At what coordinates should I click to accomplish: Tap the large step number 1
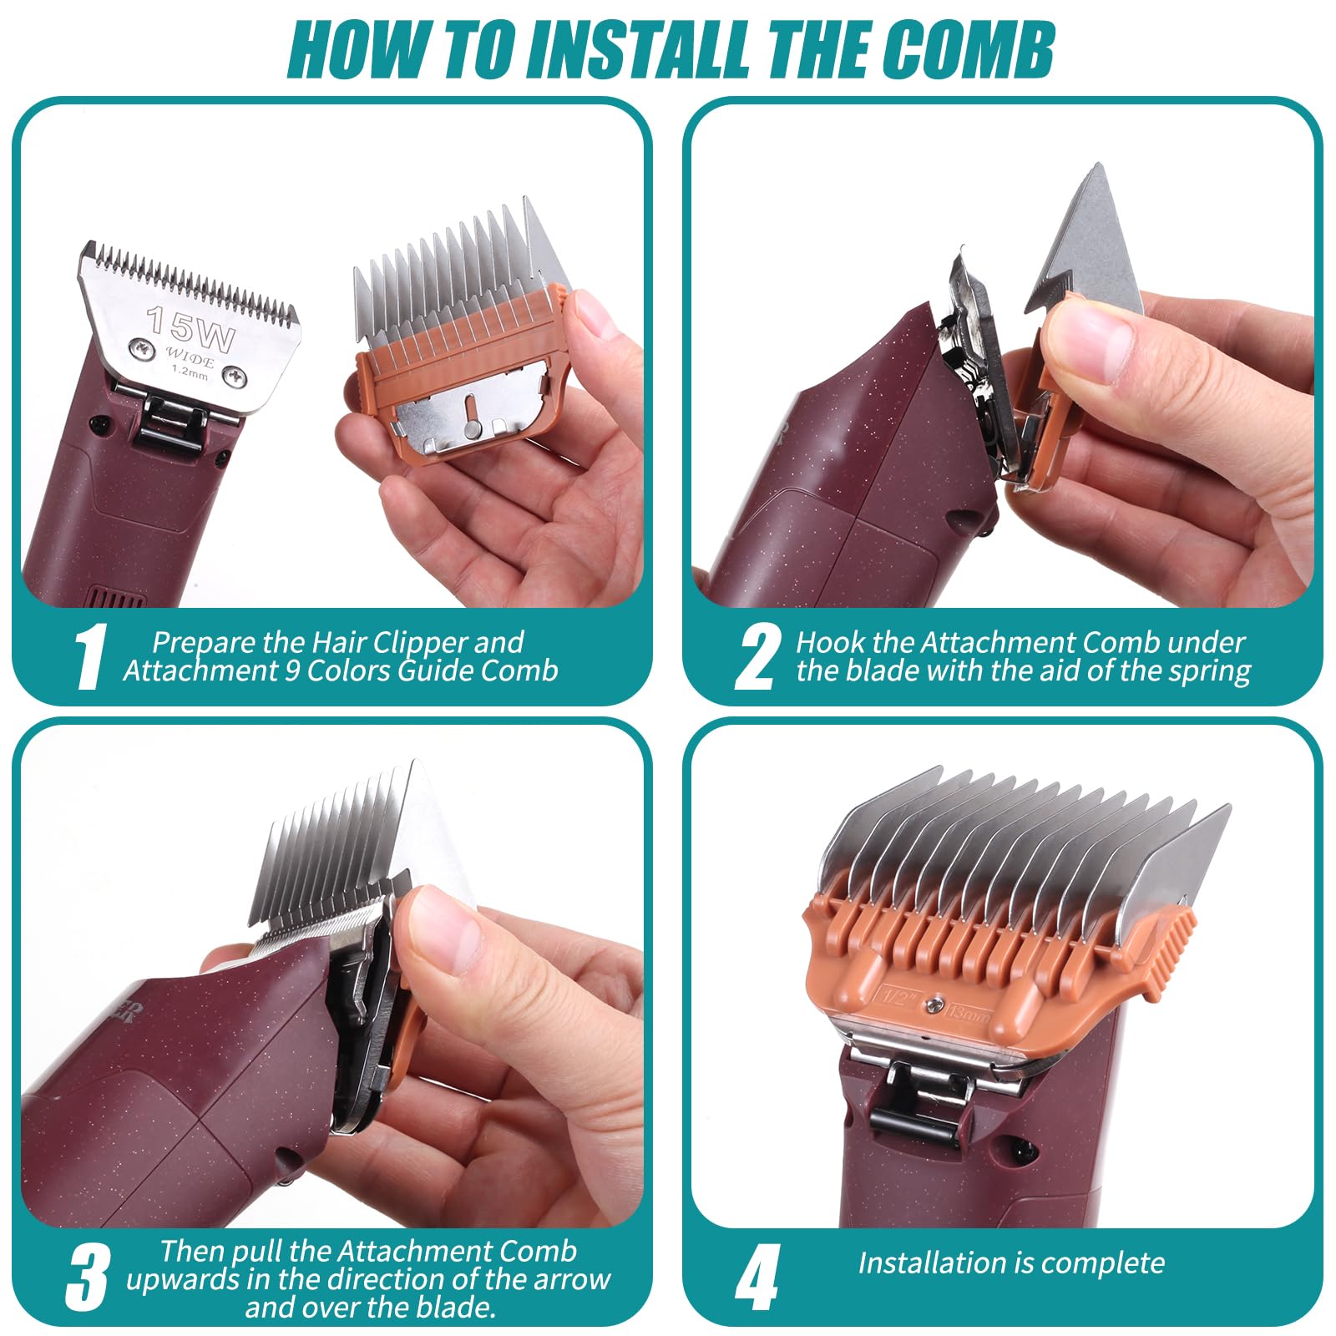pyautogui.click(x=89, y=657)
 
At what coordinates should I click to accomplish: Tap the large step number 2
pyautogui.click(x=757, y=657)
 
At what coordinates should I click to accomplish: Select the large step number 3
pyautogui.click(x=88, y=1278)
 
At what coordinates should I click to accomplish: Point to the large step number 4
pyautogui.click(x=757, y=1278)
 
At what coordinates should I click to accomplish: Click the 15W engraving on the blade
pyautogui.click(x=190, y=328)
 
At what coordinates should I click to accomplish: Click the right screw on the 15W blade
pyautogui.click(x=236, y=379)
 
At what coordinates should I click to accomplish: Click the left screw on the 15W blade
pyautogui.click(x=136, y=347)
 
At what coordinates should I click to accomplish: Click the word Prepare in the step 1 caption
pyautogui.click(x=204, y=642)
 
